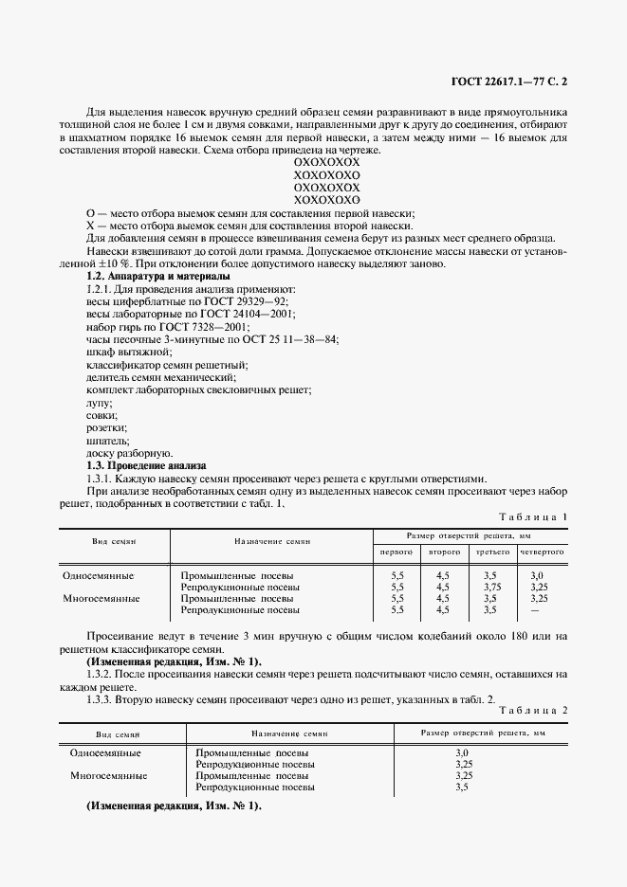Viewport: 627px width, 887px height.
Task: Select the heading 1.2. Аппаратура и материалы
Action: [x=157, y=276]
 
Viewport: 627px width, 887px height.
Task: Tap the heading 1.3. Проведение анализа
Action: [x=146, y=465]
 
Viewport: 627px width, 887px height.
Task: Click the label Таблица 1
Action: [x=532, y=516]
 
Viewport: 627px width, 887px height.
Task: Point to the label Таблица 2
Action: [x=532, y=709]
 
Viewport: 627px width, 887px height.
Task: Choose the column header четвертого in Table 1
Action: [x=542, y=551]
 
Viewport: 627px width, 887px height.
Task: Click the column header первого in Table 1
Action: [x=396, y=551]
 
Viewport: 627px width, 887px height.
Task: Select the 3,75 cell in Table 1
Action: [x=489, y=587]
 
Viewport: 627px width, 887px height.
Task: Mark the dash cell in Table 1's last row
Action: [x=537, y=610]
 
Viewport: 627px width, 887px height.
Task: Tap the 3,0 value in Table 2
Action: [x=463, y=753]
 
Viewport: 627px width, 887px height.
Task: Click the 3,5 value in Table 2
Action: [x=463, y=787]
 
